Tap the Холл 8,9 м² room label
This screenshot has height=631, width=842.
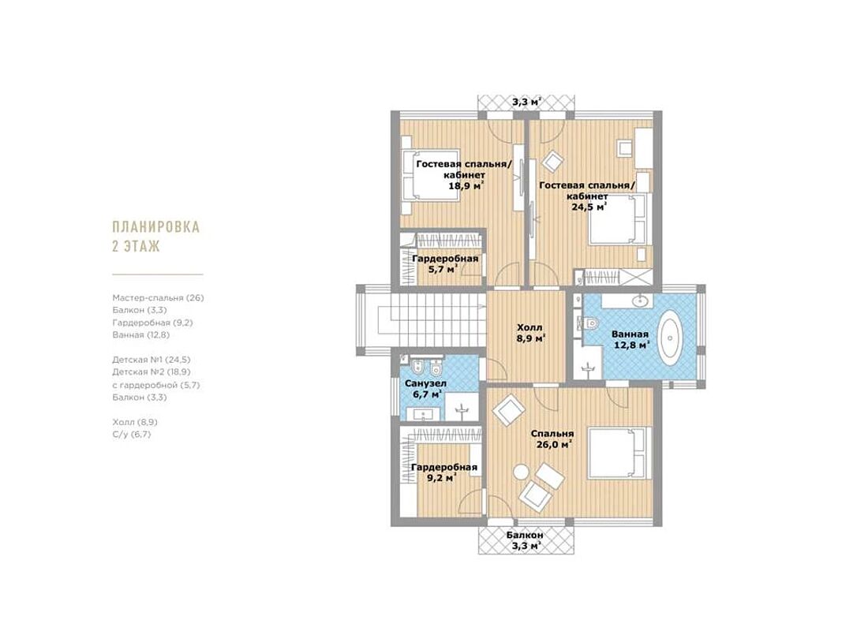click(x=530, y=333)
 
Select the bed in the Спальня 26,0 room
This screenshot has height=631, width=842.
click(x=620, y=452)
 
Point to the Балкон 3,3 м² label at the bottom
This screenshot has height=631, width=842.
click(x=525, y=540)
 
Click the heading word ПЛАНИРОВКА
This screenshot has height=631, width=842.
click(x=155, y=226)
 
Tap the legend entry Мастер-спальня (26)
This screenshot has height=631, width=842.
click(x=158, y=297)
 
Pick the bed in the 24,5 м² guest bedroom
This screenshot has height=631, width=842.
click(x=621, y=219)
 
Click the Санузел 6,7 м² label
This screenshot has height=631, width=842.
click(x=426, y=389)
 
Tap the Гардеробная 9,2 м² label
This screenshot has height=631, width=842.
click(x=443, y=472)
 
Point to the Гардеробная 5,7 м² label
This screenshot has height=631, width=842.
click(x=444, y=264)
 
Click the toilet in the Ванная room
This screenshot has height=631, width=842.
click(x=589, y=323)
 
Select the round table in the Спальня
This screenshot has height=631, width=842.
click(x=520, y=472)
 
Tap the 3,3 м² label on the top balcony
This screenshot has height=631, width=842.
click(x=526, y=102)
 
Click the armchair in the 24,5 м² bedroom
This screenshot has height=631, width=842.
click(x=553, y=160)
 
